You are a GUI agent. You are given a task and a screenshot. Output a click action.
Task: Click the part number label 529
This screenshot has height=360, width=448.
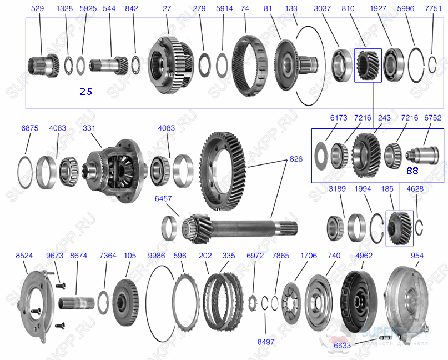pos(38,9)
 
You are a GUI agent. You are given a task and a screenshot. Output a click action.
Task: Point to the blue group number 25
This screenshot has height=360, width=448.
pos(86,92)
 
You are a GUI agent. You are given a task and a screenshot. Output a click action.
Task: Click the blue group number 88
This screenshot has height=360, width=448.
pos(411,171)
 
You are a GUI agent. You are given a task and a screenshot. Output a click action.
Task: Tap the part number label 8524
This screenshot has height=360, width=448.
pos(24,256)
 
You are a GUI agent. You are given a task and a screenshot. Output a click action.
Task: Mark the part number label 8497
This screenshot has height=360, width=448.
pos(266,342)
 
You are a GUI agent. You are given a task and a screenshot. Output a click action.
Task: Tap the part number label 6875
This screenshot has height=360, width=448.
pos(29,128)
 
